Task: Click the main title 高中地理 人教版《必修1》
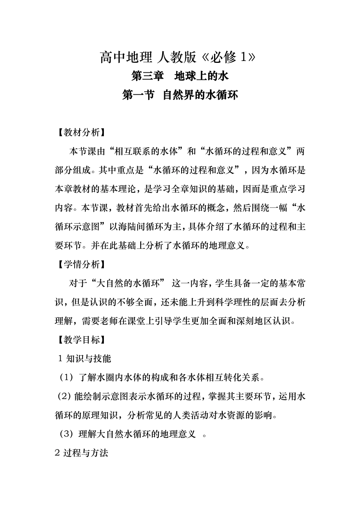[180, 58]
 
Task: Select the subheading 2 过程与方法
[82, 453]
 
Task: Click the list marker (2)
[64, 397]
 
